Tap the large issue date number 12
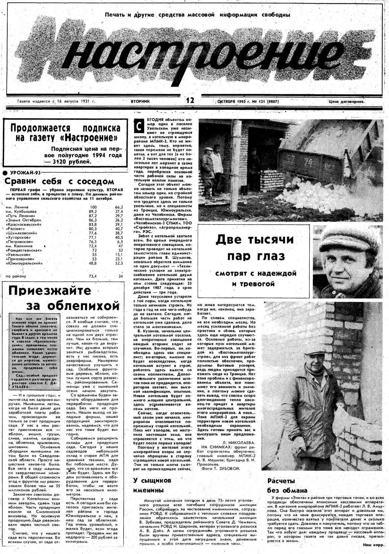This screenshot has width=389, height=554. [190, 100]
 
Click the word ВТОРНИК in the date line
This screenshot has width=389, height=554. [141, 101]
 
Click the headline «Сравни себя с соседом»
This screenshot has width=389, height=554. [59, 181]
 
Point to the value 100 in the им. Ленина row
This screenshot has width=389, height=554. [93, 207]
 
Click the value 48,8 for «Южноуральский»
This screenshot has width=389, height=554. [93, 263]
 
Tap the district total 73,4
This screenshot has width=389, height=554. [93, 276]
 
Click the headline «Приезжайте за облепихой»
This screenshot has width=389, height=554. [64, 298]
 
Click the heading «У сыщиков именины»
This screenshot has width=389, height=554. [152, 485]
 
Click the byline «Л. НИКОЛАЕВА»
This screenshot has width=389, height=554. [239, 442]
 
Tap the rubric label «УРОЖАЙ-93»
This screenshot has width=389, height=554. [25, 173]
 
